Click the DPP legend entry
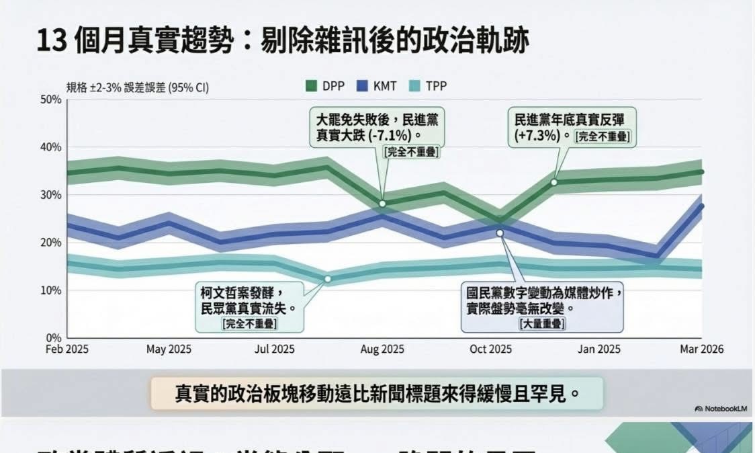[326, 86]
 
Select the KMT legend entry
[376, 86]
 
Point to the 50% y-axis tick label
[52, 99]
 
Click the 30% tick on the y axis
[52, 195]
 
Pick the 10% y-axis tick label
[52, 290]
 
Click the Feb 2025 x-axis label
[67, 349]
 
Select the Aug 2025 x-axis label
[382, 349]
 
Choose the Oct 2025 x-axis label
[490, 349]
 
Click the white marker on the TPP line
[328, 279]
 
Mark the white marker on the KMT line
[500, 233]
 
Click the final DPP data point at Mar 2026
[701, 172]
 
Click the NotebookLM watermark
[720, 408]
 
